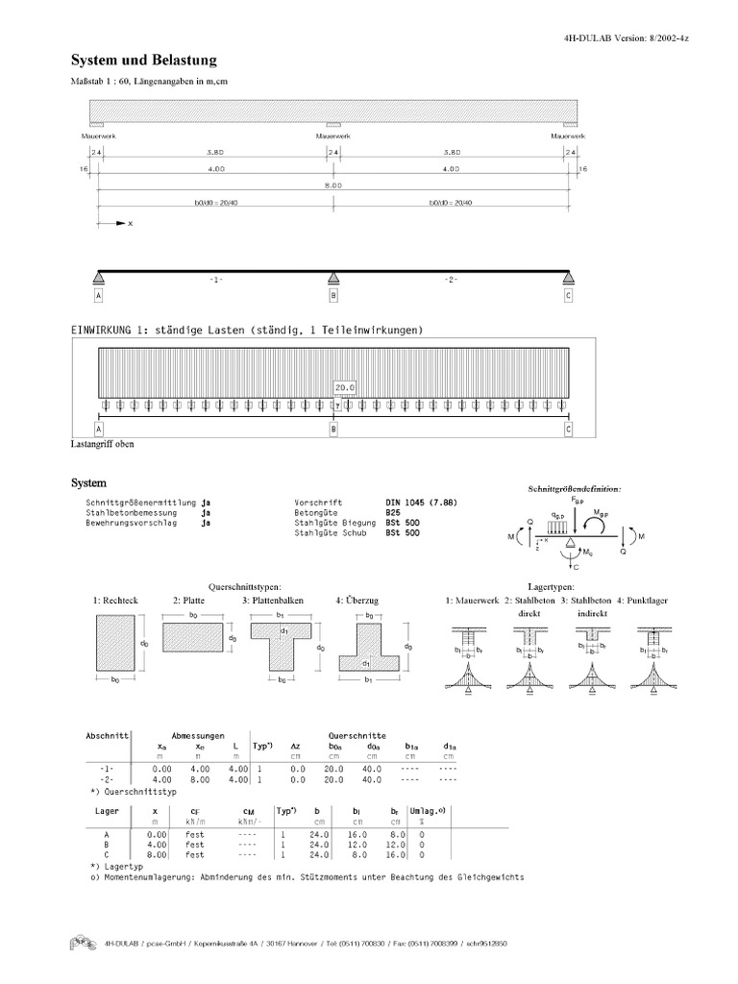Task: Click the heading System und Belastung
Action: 143,60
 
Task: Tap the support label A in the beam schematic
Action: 98,296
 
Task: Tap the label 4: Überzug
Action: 357,601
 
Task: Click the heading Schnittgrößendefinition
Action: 574,489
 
